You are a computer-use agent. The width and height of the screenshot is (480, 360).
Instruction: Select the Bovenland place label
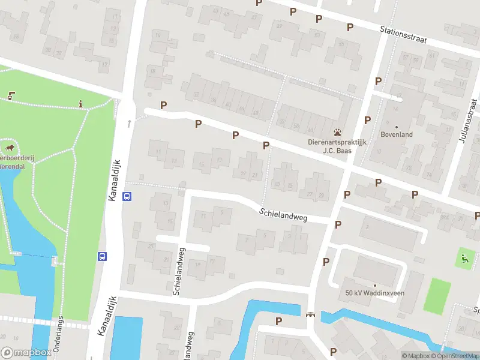coord(396,134)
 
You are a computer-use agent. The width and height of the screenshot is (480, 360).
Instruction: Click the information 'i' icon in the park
coord(80,104)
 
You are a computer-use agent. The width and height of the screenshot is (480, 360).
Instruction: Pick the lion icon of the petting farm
coord(10,147)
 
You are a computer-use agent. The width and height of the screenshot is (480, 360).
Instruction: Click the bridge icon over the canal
coord(310,314)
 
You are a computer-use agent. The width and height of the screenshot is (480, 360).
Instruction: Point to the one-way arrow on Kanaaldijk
coord(128,123)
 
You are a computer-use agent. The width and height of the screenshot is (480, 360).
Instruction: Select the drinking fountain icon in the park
coord(11,95)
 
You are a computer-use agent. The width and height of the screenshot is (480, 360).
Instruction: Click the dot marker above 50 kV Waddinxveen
coord(374,285)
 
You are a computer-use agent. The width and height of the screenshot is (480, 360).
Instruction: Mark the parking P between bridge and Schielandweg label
coord(326,262)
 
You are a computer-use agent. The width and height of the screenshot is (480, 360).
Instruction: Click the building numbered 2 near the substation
coord(367,227)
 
